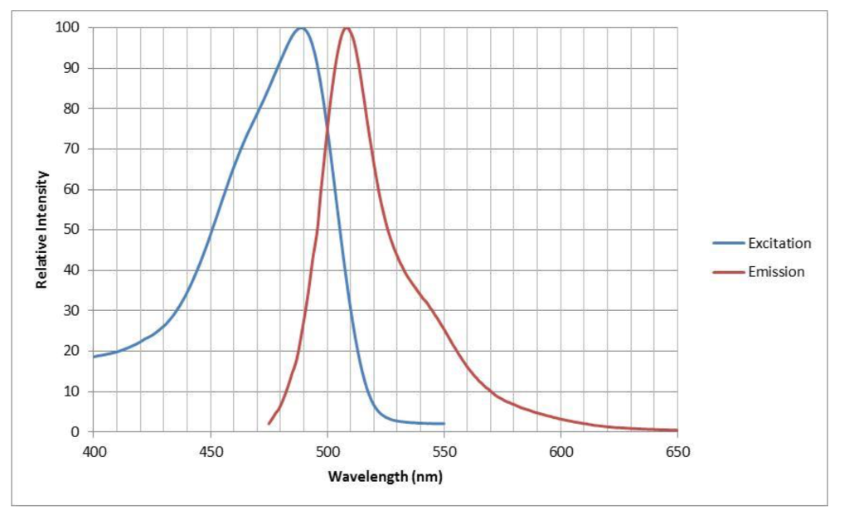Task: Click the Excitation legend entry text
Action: [x=779, y=243]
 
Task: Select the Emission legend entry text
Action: [x=776, y=271]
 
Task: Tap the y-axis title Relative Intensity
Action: [x=41, y=230]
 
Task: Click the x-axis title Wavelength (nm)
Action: [x=385, y=476]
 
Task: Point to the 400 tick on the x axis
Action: [x=93, y=451]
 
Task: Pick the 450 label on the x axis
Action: [x=210, y=451]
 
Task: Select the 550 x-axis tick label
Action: [x=444, y=451]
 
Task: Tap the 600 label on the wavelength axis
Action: [x=560, y=451]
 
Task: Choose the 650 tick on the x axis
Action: [x=677, y=451]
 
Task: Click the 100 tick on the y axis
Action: [x=69, y=27]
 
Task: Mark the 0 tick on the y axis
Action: [x=75, y=432]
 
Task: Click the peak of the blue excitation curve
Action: [x=300, y=28]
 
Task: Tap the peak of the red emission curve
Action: [x=346, y=28]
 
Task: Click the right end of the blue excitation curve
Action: [x=444, y=424]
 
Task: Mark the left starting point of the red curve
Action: [x=269, y=424]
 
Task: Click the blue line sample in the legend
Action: [x=727, y=243]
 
